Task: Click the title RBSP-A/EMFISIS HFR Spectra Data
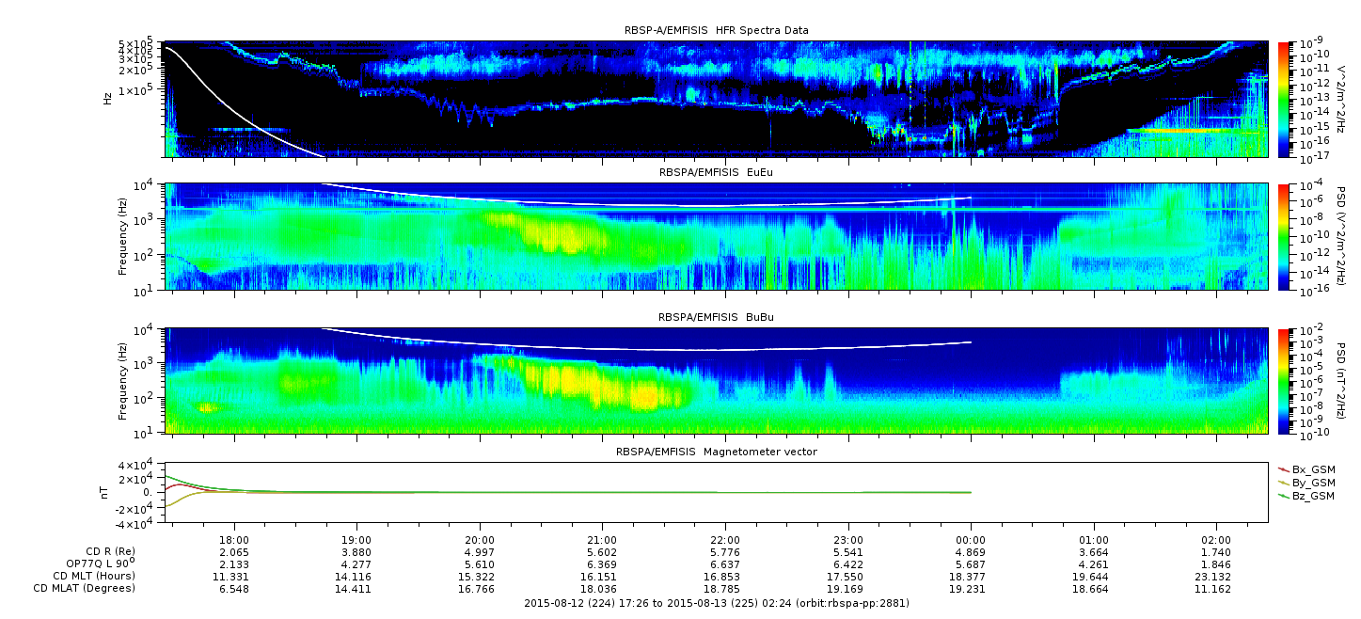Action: tap(717, 30)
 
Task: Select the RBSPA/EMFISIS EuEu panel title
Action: tap(716, 172)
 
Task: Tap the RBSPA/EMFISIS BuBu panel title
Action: tap(716, 317)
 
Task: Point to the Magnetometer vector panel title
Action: tap(717, 452)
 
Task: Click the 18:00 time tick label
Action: tap(234, 540)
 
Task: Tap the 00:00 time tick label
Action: tap(971, 540)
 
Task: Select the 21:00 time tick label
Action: tap(602, 540)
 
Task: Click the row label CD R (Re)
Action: tap(111, 551)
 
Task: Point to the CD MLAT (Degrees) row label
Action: tap(85, 588)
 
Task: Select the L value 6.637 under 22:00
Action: tap(725, 564)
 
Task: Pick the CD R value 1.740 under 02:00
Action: tap(1216, 552)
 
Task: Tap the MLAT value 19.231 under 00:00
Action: tap(967, 589)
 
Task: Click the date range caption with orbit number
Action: tap(717, 603)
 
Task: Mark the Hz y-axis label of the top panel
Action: tap(107, 99)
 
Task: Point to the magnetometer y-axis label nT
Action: tap(103, 492)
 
